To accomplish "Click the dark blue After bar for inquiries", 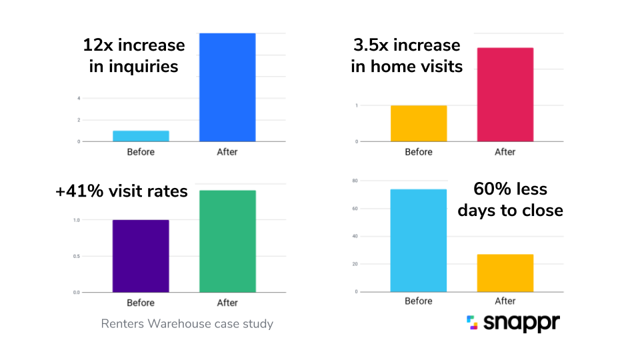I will tap(227, 87).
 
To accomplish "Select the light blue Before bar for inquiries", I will tap(141, 136).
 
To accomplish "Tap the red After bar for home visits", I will tap(505, 95).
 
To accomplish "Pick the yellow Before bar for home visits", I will tap(419, 123).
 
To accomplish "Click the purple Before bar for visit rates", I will tap(141, 256).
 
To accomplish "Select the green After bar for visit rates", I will tap(227, 241).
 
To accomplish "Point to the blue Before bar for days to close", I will tap(419, 241).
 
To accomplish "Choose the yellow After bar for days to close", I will tap(505, 273).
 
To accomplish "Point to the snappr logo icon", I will tap(473, 323).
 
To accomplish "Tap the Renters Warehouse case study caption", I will tap(187, 324).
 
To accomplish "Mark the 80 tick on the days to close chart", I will tap(356, 181).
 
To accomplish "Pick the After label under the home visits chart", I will tap(505, 152).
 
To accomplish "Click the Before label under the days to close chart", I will tap(419, 301).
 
